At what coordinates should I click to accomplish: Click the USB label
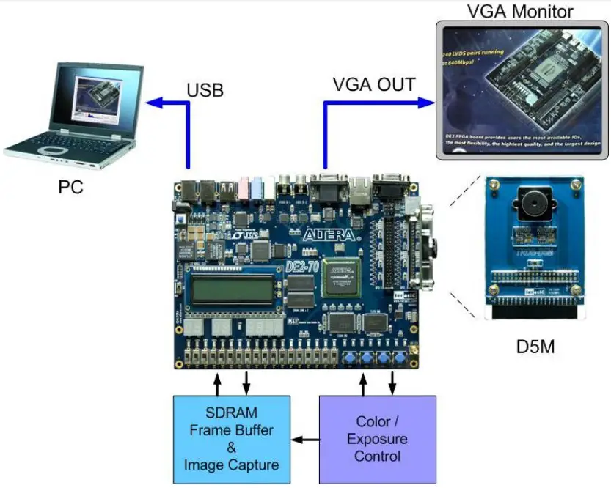[205, 90]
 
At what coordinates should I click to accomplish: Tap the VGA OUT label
[373, 84]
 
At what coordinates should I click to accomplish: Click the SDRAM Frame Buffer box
[231, 439]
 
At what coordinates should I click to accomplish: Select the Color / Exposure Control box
[377, 439]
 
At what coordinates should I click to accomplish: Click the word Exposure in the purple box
[377, 439]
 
